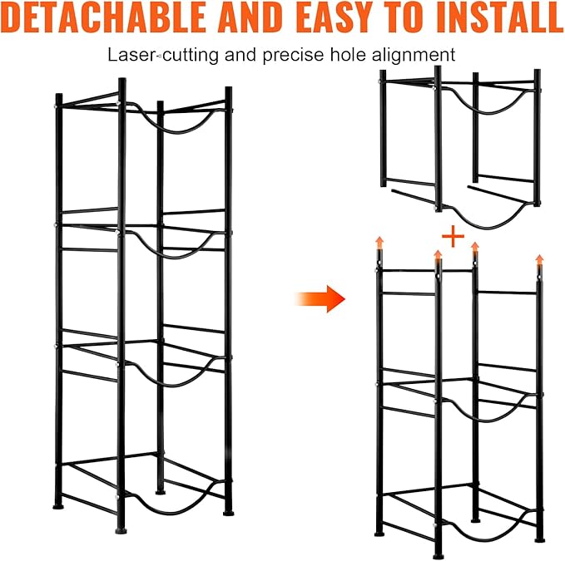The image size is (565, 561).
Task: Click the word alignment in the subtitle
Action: click(414, 56)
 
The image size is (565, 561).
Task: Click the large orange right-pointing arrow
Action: click(320, 298)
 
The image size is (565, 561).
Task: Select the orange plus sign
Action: click(453, 236)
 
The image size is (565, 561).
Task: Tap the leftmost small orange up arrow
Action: click(379, 243)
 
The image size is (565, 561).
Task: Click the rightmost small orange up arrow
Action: click(539, 260)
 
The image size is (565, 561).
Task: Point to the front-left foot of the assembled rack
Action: click(121, 530)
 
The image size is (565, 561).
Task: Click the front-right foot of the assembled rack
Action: click(229, 513)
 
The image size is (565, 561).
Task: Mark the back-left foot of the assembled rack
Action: click(58, 506)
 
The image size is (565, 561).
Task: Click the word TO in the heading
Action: click(405, 17)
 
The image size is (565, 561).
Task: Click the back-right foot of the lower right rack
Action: click(476, 520)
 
